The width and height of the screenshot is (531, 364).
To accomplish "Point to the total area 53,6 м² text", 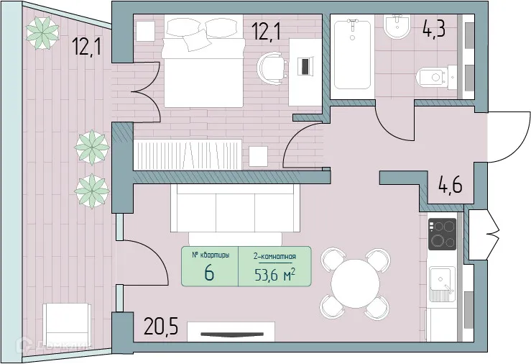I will click(274, 274).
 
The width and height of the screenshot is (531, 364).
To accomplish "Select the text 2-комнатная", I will click(274, 256).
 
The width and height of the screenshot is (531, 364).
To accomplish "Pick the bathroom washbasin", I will click(396, 29).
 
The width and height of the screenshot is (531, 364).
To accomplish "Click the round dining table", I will click(356, 284).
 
